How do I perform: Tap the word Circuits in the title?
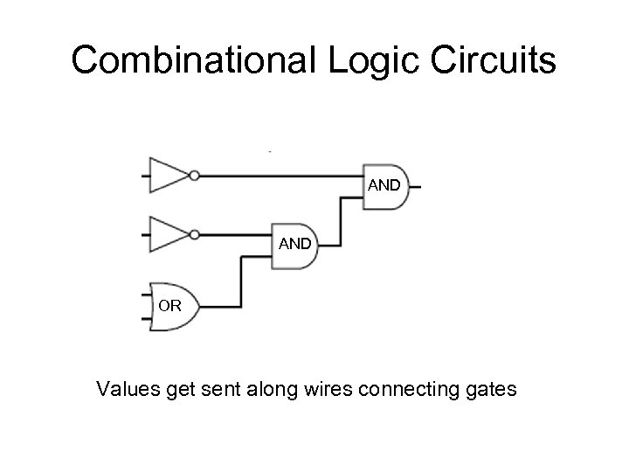point(501,60)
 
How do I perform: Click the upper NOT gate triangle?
point(166,175)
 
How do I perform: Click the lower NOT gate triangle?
point(166,234)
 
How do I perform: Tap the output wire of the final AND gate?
point(416,187)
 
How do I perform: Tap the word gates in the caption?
point(490,387)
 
